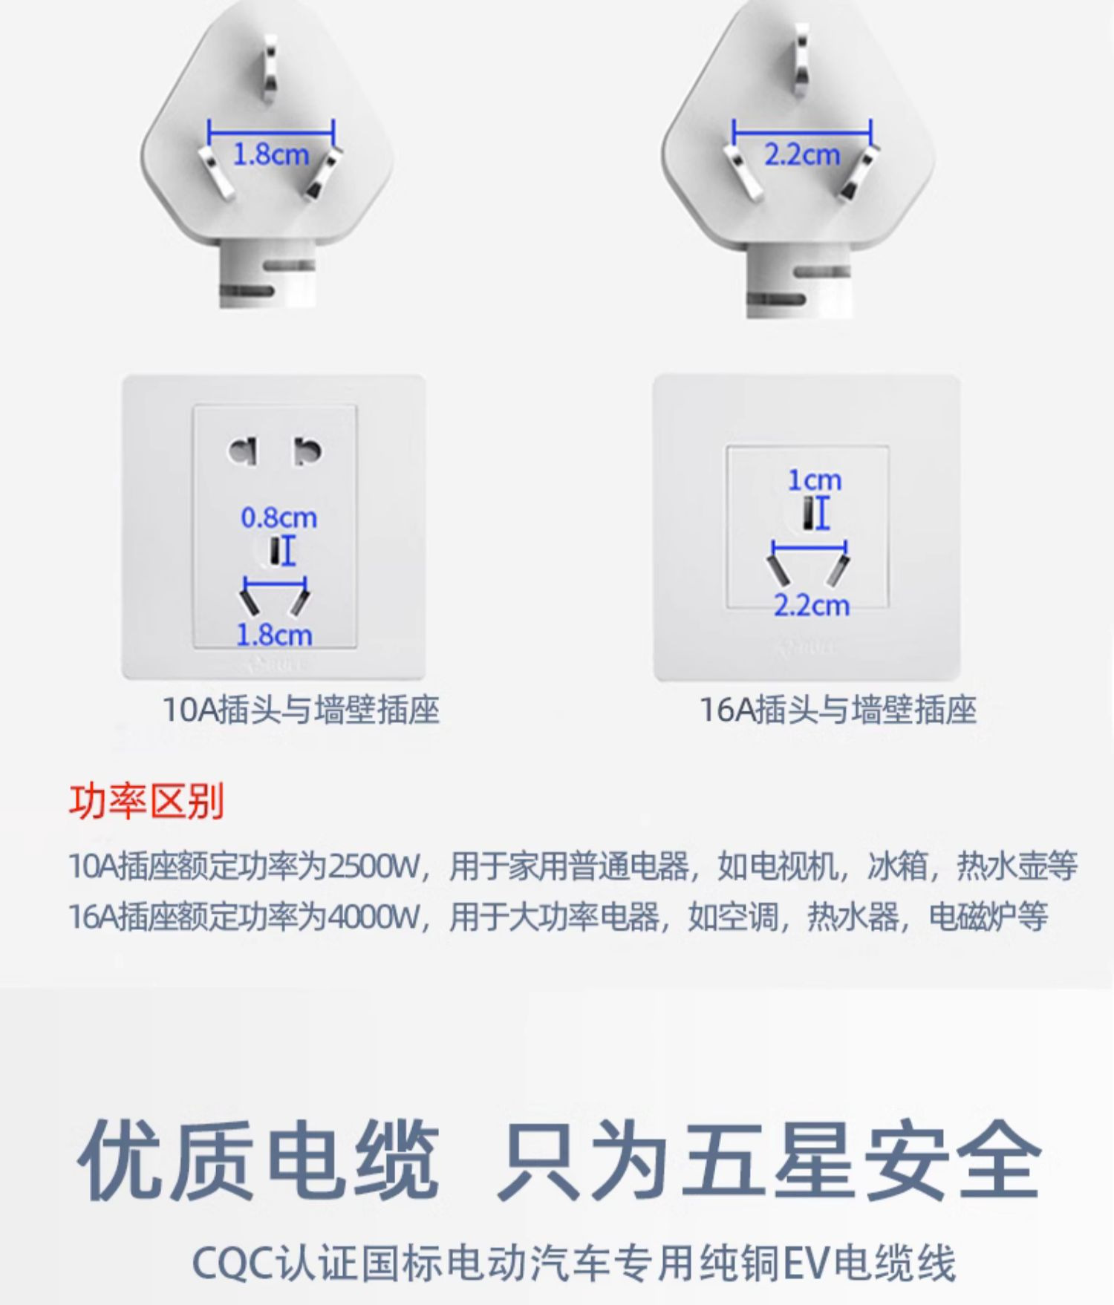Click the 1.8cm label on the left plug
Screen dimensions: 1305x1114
(x=271, y=154)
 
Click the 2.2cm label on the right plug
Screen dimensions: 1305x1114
(x=802, y=154)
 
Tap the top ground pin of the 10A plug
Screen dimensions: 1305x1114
(x=269, y=67)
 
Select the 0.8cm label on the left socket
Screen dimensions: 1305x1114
(x=278, y=517)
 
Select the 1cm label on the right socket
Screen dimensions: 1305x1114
(x=815, y=480)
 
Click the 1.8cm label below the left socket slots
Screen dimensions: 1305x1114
(x=273, y=635)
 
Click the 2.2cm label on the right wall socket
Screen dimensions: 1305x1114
(x=811, y=606)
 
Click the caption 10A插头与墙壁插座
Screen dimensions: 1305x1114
(x=301, y=710)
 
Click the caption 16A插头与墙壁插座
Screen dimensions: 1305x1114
(x=838, y=710)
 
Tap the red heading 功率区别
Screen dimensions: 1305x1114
(x=146, y=802)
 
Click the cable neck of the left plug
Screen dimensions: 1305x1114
(x=267, y=278)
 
